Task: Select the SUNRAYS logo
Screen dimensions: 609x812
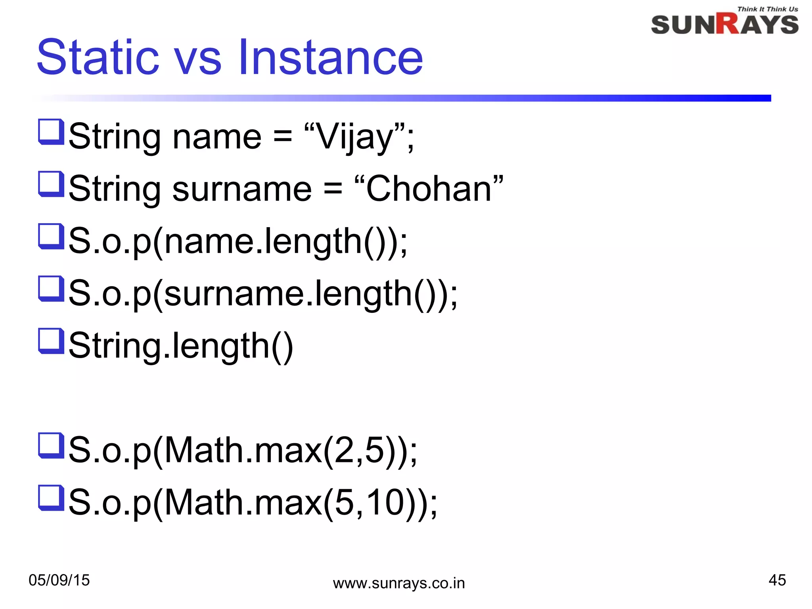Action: [x=724, y=24]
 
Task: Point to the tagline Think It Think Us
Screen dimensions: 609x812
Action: [x=767, y=9]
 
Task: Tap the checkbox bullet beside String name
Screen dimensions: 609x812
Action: [x=51, y=132]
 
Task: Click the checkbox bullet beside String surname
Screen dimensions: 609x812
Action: [x=51, y=184]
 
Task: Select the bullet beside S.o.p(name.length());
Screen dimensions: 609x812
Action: [x=51, y=236]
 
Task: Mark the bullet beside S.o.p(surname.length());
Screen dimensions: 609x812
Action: [x=51, y=289]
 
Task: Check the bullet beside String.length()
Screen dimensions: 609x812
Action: [x=51, y=341]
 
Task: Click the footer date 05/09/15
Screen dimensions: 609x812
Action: [x=59, y=580]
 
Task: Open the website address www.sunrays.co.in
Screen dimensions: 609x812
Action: [x=398, y=583]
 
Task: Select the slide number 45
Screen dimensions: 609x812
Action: [x=777, y=580]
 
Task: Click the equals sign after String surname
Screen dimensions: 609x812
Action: [x=333, y=189]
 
